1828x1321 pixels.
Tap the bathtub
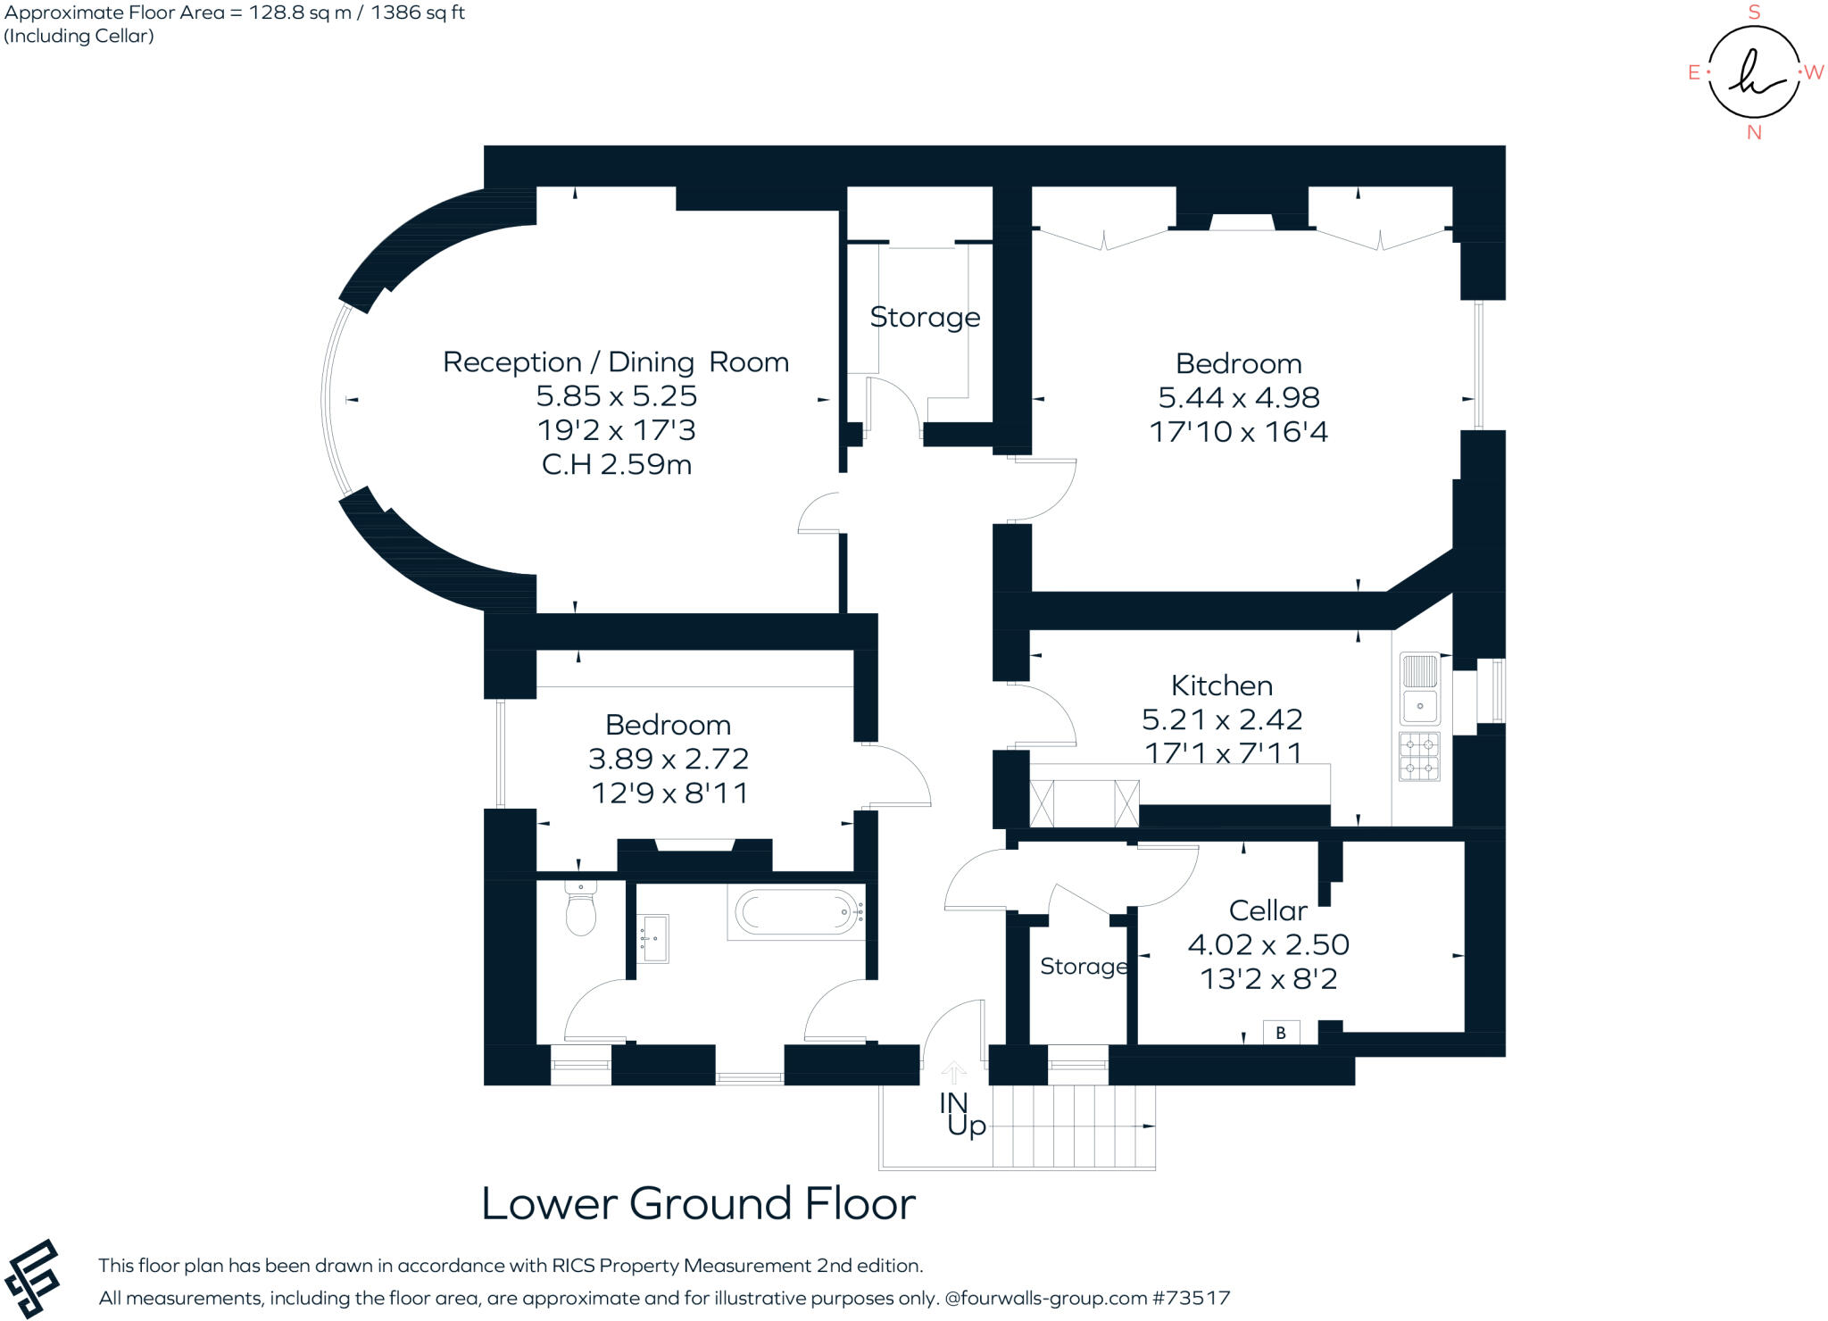pos(798,912)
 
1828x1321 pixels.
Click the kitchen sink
pos(1419,688)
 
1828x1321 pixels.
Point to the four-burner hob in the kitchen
pos(1419,756)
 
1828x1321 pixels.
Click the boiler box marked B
pos(1281,1033)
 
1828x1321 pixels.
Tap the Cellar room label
pos(1267,910)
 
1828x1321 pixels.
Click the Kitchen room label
pos(1222,685)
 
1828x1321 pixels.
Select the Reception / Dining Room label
pos(616,362)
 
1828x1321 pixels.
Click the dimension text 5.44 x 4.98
pos(1239,397)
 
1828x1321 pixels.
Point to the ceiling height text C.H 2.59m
pos(617,465)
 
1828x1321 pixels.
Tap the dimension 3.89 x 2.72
pos(669,759)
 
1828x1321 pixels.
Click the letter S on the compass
pos(1754,12)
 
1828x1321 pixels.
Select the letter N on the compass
pos(1754,132)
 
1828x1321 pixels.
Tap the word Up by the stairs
pos(967,1126)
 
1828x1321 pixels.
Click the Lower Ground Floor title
pos(699,1203)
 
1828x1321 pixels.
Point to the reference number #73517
pos(1192,1298)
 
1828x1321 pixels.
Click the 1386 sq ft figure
pos(418,13)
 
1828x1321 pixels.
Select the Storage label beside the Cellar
pos(1084,967)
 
